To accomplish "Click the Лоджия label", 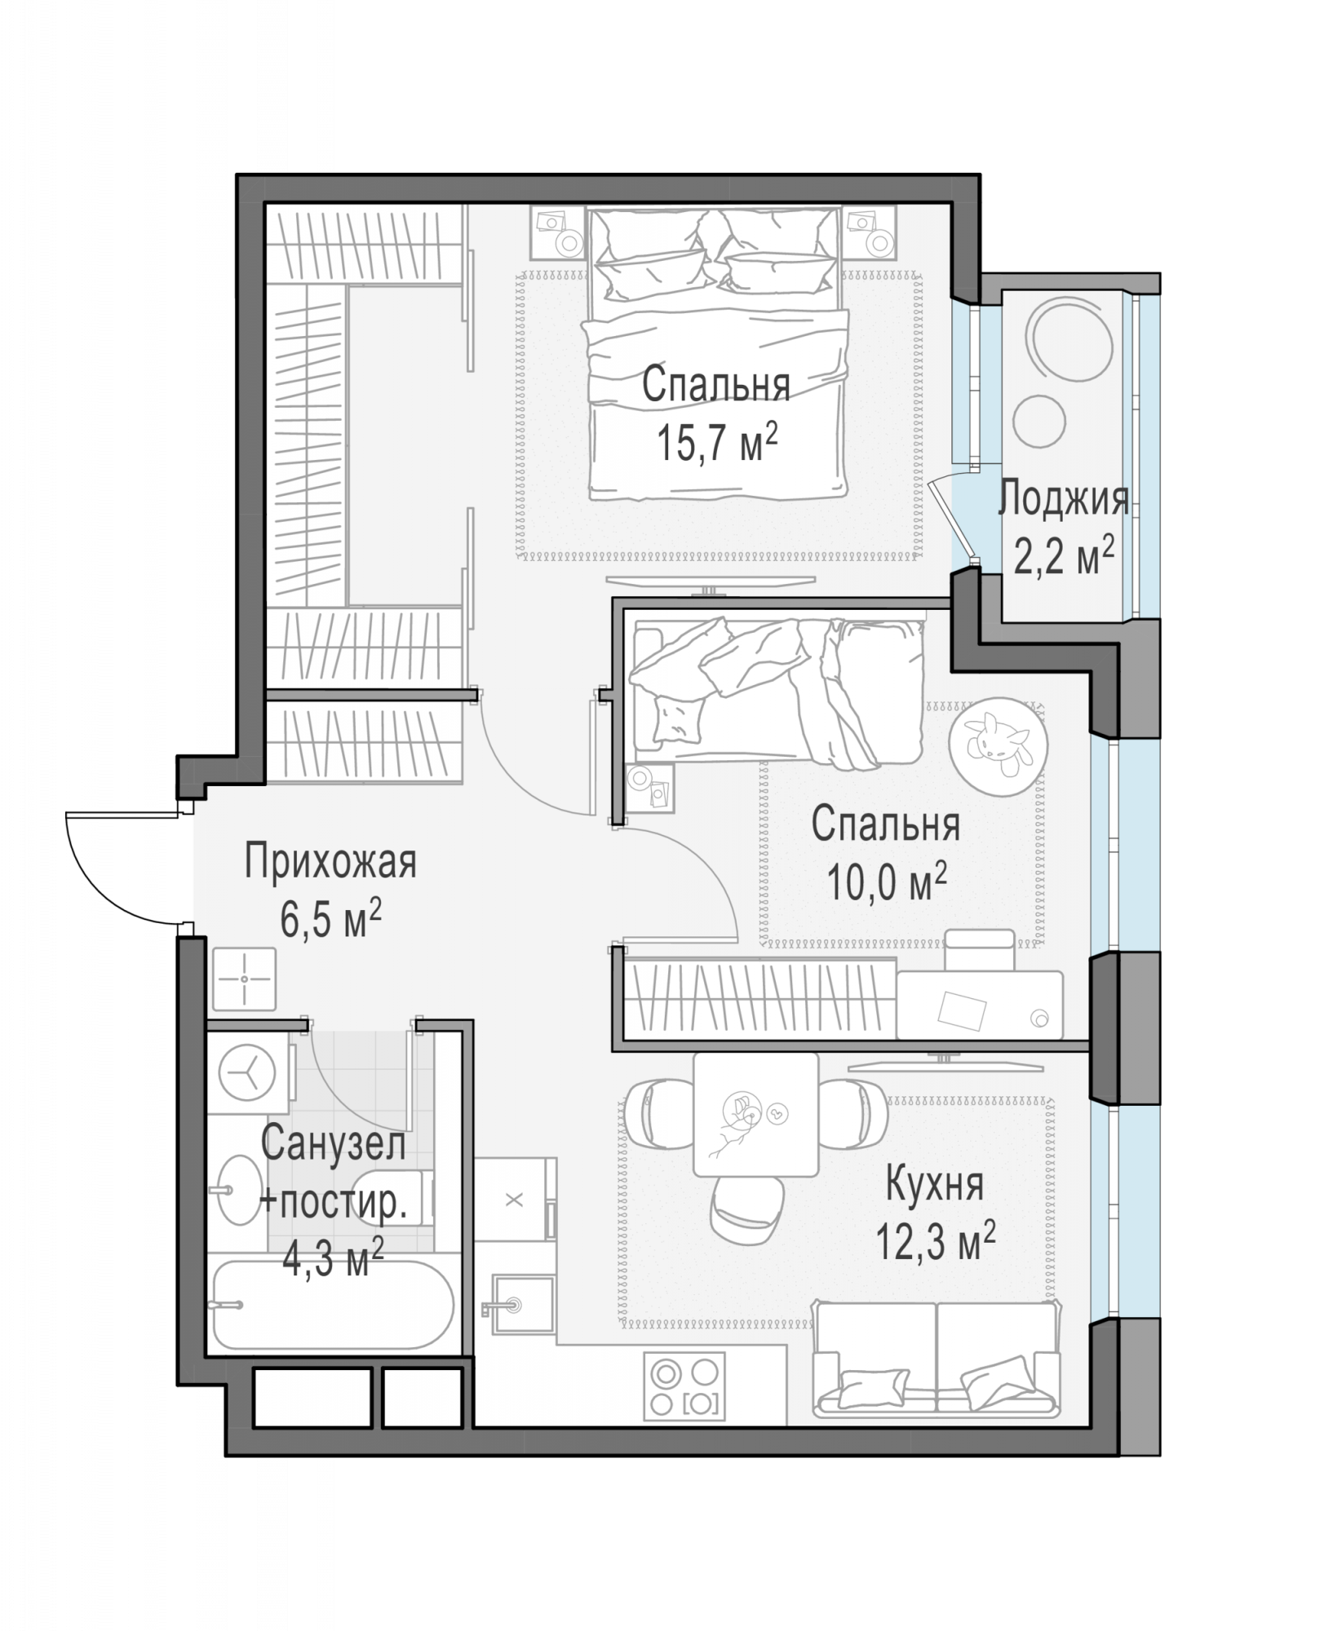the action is click(1064, 499).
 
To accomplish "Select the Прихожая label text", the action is click(330, 862).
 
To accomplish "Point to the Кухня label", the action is click(935, 1185).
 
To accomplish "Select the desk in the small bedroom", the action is click(980, 1004).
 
